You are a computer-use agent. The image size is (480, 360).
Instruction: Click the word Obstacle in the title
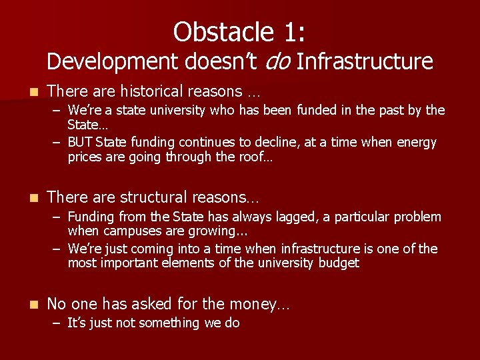coord(217,31)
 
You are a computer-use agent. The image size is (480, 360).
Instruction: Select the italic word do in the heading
coord(278,61)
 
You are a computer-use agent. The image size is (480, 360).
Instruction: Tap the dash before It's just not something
coord(57,323)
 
